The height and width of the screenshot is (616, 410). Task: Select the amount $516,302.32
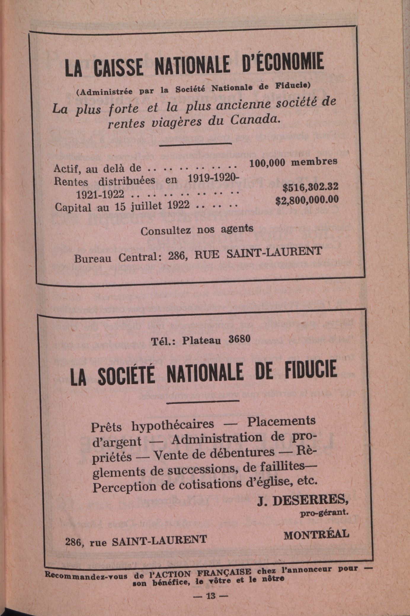pyautogui.click(x=310, y=187)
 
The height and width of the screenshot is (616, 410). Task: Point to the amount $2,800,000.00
pyautogui.click(x=307, y=201)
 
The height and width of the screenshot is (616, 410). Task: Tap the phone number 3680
pyautogui.click(x=239, y=339)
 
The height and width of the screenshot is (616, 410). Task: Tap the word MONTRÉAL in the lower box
pyautogui.click(x=316, y=534)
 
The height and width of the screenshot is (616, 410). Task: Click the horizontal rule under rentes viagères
pyautogui.click(x=195, y=144)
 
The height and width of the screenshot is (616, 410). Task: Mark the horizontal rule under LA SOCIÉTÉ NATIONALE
pyautogui.click(x=203, y=401)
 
